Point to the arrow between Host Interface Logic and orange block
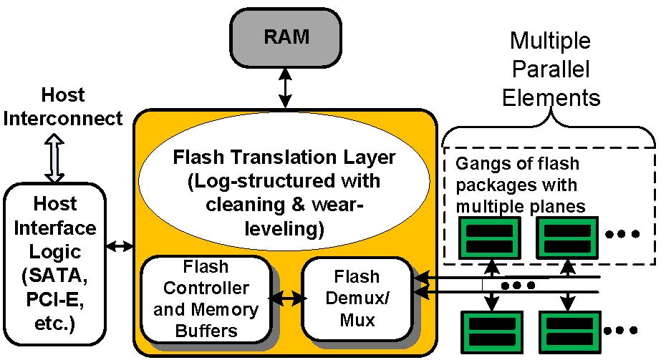point(120,247)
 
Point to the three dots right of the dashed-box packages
point(621,234)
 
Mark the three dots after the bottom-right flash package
point(621,331)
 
